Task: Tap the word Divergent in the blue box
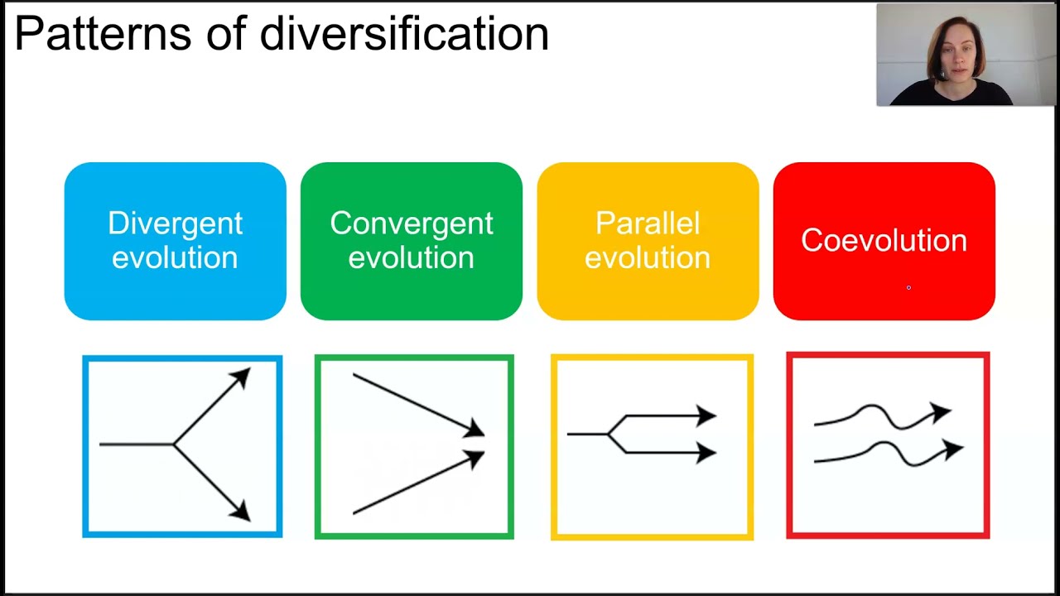175,223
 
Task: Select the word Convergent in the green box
411,223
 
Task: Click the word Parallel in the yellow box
648,223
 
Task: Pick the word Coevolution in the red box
884,241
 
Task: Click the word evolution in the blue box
175,257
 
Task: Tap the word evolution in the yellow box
648,257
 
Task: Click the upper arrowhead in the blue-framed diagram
241,378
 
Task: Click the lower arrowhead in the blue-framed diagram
241,512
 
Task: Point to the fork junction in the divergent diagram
173,445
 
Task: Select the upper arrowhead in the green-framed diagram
475,430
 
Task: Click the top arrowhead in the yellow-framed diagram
706,416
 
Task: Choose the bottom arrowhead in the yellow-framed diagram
706,452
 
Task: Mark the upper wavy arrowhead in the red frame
942,411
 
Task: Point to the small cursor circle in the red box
908,287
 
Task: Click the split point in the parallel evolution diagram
609,434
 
